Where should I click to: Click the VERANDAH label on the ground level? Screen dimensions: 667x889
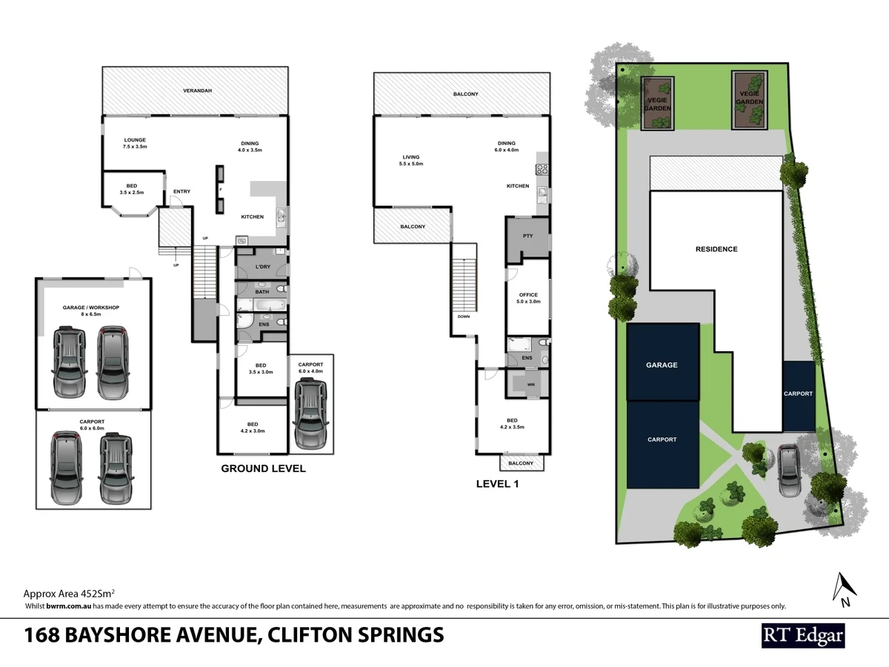[x=198, y=90]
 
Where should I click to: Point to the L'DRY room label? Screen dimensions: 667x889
[x=262, y=266]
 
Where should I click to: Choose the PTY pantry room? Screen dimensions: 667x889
[x=527, y=236]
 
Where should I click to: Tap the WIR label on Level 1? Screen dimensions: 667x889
[x=530, y=385]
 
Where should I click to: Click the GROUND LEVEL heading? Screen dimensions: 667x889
[x=263, y=468]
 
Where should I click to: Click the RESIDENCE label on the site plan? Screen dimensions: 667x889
[x=716, y=249]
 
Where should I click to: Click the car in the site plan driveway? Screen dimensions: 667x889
[x=789, y=471]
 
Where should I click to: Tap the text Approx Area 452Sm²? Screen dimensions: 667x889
[x=69, y=594]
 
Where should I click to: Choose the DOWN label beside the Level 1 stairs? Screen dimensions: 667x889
[x=463, y=316]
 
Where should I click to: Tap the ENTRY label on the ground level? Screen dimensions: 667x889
[x=182, y=192]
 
